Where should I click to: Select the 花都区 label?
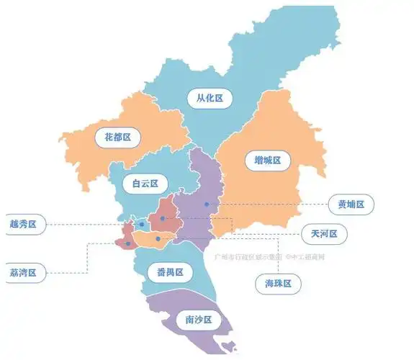pyautogui.click(x=117, y=135)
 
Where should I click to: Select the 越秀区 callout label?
pyautogui.click(x=23, y=225)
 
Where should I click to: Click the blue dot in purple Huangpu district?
pyautogui.click(x=207, y=204)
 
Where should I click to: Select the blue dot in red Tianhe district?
pyautogui.click(x=163, y=218)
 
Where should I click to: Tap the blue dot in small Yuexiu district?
pyautogui.click(x=141, y=225)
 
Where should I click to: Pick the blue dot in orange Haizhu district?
pyautogui.click(x=158, y=238)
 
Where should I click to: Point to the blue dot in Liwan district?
pyautogui.click(x=128, y=243)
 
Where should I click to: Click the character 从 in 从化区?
pyautogui.click(x=199, y=98)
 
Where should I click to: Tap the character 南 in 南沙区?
pyautogui.click(x=188, y=319)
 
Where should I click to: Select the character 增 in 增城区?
pyautogui.click(x=257, y=159)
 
